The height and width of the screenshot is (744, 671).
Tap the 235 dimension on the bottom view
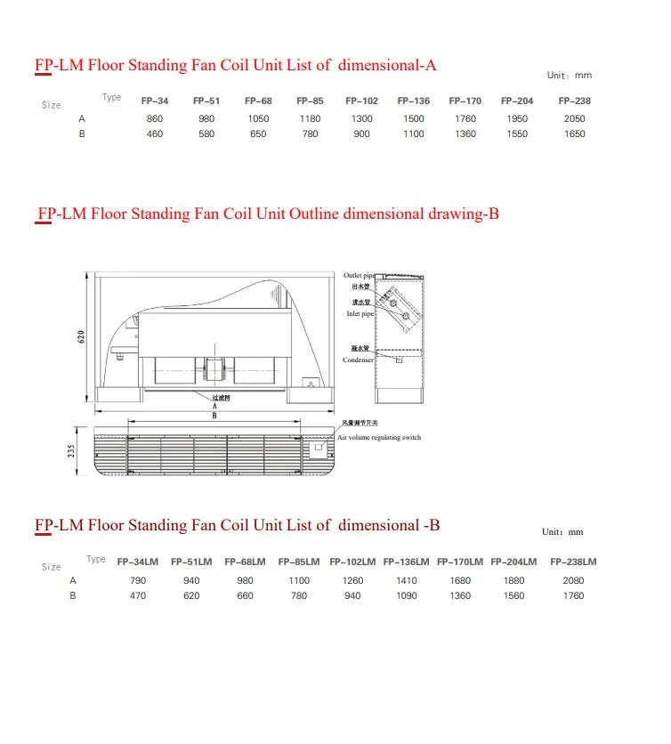point(72,452)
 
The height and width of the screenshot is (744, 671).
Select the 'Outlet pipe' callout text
point(359,276)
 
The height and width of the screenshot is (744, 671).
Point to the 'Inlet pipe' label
point(360,314)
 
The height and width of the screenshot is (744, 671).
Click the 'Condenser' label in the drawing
point(358,360)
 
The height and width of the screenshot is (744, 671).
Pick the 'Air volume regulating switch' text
point(378,438)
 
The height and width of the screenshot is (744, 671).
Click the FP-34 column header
point(155,101)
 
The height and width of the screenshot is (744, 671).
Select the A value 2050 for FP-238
point(574,118)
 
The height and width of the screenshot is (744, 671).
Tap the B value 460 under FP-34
point(155,134)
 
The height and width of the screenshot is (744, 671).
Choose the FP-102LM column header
point(352,562)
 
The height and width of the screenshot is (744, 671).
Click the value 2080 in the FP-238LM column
point(573,580)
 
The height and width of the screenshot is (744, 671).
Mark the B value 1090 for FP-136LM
point(406,596)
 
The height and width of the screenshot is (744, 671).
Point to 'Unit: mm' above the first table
point(569,76)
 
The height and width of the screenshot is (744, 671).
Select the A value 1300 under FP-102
point(361,118)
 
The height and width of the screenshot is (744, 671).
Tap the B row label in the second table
point(73,596)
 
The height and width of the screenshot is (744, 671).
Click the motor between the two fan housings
point(214,367)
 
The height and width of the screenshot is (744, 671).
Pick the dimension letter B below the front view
point(214,416)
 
